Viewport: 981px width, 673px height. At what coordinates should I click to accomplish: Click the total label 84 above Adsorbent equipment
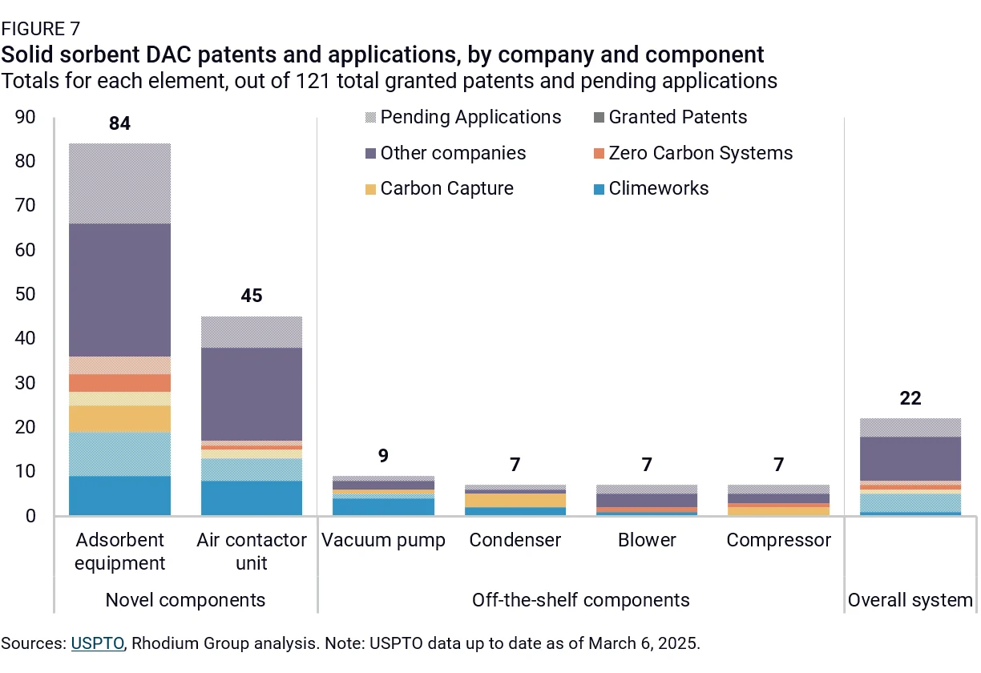pyautogui.click(x=119, y=123)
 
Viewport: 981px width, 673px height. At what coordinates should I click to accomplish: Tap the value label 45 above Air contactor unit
pyautogui.click(x=252, y=296)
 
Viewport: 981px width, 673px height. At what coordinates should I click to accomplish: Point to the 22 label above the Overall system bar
pyautogui.click(x=910, y=398)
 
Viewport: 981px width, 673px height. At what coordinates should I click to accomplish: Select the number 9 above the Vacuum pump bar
pyautogui.click(x=383, y=456)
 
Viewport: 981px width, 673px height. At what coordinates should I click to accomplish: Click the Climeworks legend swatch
pyautogui.click(x=599, y=189)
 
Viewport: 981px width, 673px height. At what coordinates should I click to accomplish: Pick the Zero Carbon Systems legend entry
pyautogui.click(x=692, y=153)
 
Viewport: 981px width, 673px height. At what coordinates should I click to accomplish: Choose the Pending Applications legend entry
pyautogui.click(x=463, y=117)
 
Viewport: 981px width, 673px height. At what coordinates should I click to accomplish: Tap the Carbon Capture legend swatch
pyautogui.click(x=370, y=189)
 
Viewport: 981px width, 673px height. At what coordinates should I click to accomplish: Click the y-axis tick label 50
pyautogui.click(x=25, y=294)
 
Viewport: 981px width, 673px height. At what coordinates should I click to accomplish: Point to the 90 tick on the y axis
pyautogui.click(x=25, y=117)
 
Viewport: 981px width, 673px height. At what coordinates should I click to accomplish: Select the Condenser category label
pyautogui.click(x=515, y=540)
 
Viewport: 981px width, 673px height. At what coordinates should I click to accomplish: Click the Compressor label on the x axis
pyautogui.click(x=778, y=540)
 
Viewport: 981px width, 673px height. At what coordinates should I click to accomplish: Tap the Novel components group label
pyautogui.click(x=185, y=600)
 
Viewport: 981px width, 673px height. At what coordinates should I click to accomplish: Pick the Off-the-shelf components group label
pyautogui.click(x=581, y=600)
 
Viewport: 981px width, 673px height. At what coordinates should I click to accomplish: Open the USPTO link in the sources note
pyautogui.click(x=98, y=643)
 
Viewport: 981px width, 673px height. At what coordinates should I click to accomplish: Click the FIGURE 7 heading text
pyautogui.click(x=41, y=29)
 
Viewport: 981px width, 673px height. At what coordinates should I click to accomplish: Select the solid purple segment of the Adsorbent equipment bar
pyautogui.click(x=119, y=290)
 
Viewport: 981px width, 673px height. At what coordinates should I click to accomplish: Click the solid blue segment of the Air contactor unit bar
pyautogui.click(x=252, y=498)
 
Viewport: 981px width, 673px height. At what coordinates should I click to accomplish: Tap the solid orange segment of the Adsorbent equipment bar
pyautogui.click(x=119, y=383)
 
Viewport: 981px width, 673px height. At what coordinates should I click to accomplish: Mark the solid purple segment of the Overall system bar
pyautogui.click(x=910, y=458)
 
